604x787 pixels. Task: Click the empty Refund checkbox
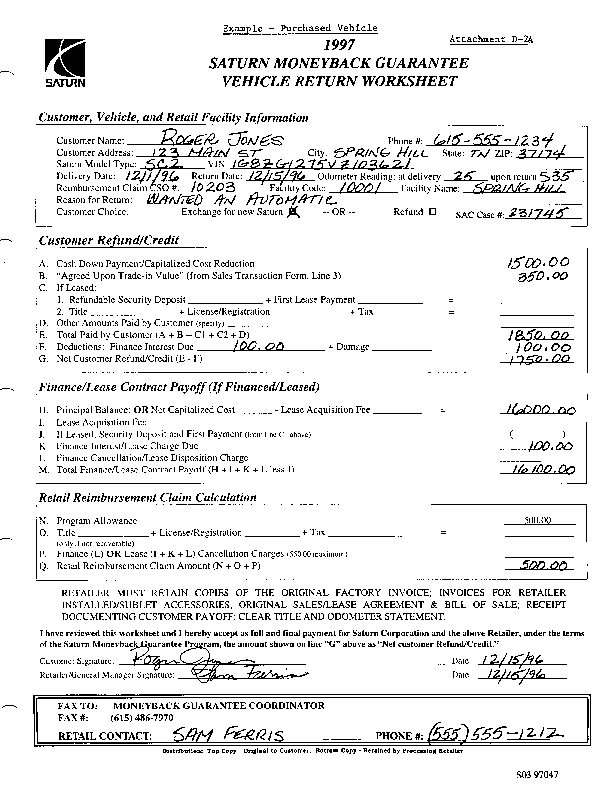[x=432, y=212]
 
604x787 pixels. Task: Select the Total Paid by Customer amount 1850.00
[x=538, y=336]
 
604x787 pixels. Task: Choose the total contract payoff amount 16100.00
[x=541, y=470]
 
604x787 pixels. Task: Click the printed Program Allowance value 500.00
[x=538, y=521]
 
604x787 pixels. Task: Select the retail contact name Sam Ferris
[x=229, y=734]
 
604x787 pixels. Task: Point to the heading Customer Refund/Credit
[x=109, y=240]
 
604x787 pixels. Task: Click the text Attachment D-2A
[x=491, y=39]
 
